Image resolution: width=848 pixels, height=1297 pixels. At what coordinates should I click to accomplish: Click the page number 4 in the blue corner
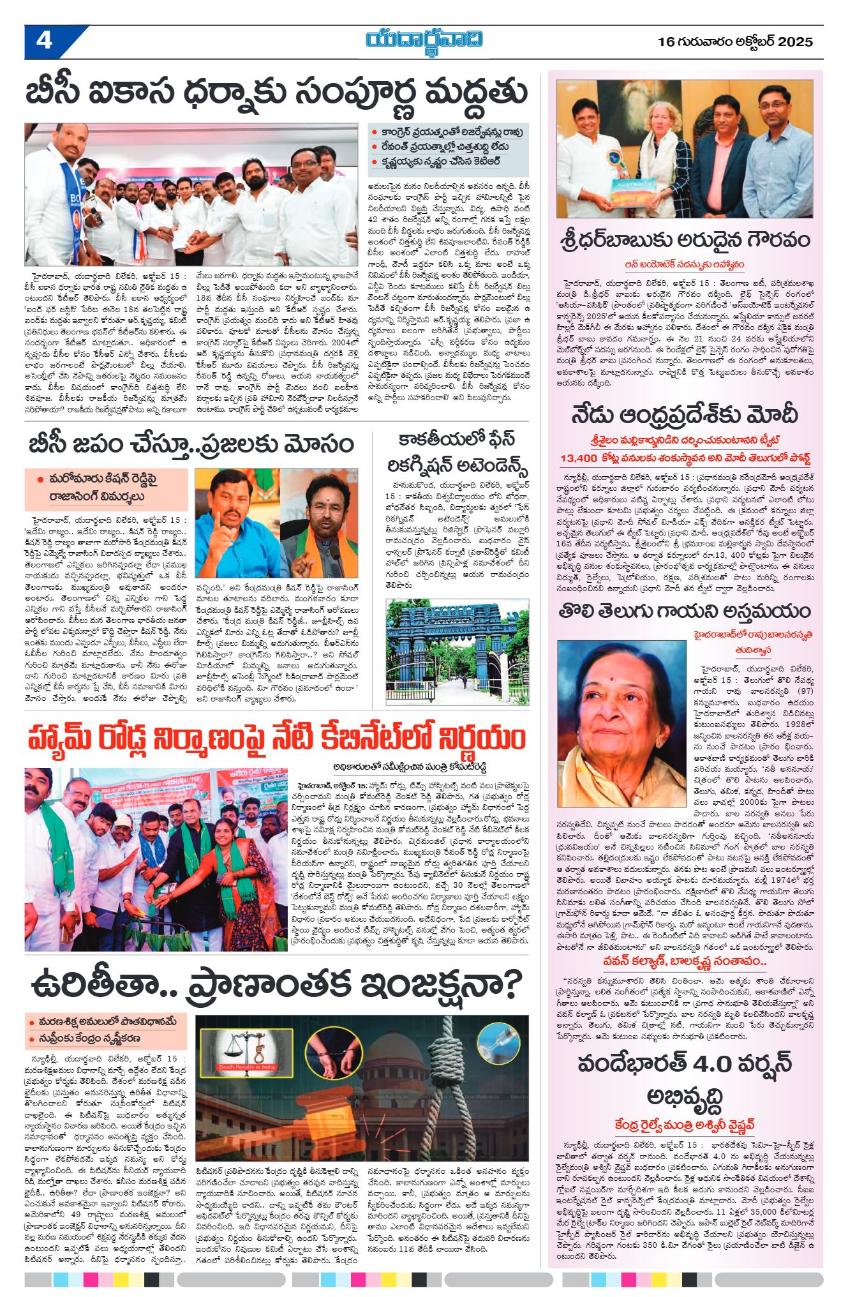coord(45,41)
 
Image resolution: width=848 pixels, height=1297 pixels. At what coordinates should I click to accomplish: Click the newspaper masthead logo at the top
coord(424,40)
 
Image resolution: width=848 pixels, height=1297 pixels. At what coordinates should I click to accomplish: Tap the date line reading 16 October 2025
coord(735,42)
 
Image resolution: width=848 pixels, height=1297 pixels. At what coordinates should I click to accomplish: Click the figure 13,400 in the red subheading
coord(578,458)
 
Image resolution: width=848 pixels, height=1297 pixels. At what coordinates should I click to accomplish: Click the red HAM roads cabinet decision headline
coord(277,739)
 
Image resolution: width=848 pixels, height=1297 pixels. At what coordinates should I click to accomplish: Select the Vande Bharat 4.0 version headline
coord(685,1081)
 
